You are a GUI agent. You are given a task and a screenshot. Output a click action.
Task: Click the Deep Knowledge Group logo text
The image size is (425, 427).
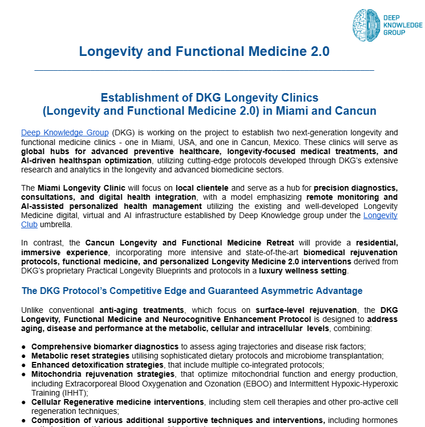[403, 26]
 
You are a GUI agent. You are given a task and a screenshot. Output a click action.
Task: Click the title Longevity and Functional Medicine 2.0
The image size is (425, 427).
[204, 51]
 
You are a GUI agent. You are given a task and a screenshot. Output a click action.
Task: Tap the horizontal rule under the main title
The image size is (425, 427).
[204, 70]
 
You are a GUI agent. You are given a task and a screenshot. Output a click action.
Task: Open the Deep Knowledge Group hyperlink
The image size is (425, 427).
[64, 133]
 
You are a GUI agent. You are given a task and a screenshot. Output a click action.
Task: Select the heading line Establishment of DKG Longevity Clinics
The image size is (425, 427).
[209, 98]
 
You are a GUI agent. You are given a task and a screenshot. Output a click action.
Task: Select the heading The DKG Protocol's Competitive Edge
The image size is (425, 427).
[192, 291]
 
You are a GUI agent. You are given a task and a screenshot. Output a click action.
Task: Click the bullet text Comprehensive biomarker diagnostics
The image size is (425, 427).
[105, 347]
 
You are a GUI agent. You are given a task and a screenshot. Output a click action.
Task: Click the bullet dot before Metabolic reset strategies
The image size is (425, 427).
[23, 356]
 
